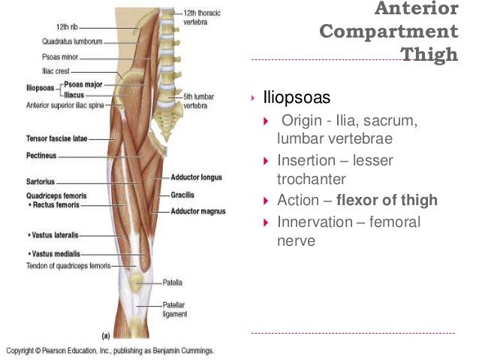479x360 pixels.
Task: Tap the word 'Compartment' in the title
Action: click(x=388, y=32)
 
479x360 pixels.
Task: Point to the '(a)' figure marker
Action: click(x=106, y=335)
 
